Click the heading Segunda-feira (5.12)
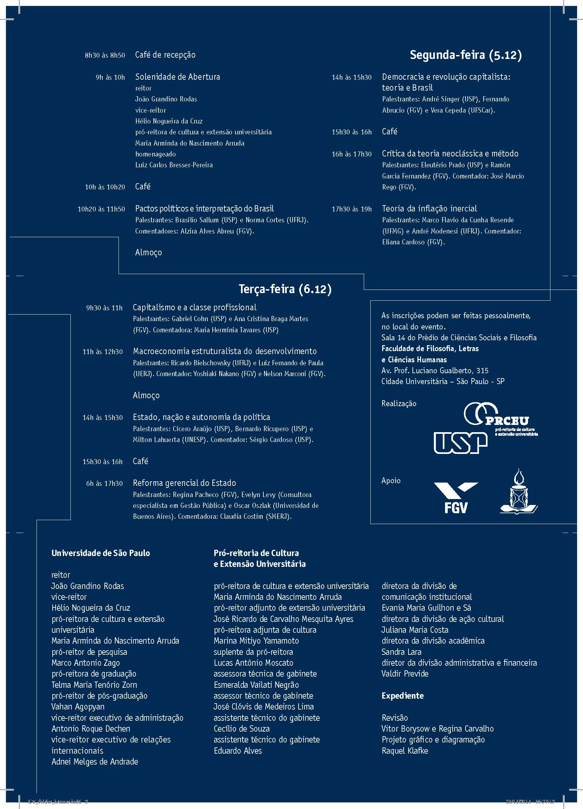click(465, 55)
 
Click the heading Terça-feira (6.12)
click(285, 289)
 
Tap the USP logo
click(460, 442)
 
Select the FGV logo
click(455, 497)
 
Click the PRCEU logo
click(501, 419)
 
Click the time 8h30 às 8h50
click(105, 55)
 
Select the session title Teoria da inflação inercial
click(429, 209)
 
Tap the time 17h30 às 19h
click(351, 209)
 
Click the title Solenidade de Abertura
click(177, 77)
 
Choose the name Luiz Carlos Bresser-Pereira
click(174, 165)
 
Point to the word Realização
click(399, 404)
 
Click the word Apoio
click(391, 481)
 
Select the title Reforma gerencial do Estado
click(184, 483)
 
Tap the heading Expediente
click(403, 696)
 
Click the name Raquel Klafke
click(405, 750)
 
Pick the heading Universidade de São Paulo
click(100, 553)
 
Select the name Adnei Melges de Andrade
click(94, 762)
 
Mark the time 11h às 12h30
click(102, 352)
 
